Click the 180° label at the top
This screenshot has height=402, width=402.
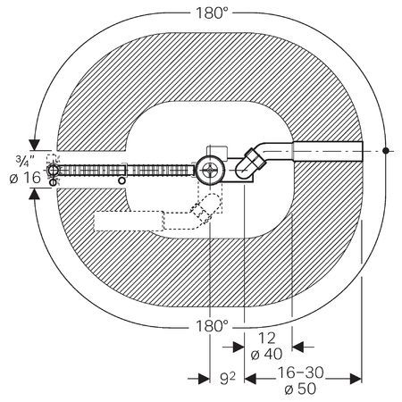click(x=212, y=13)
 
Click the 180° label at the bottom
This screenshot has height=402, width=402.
click(x=212, y=326)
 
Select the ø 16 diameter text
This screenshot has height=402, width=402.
click(x=25, y=178)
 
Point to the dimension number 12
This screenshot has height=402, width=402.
click(x=267, y=339)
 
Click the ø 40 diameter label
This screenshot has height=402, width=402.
click(x=266, y=355)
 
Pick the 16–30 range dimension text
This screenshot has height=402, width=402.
click(x=300, y=373)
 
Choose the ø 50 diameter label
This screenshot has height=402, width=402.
click(x=300, y=389)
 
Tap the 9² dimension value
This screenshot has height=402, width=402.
click(x=227, y=379)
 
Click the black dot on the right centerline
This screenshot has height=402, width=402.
click(x=386, y=151)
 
